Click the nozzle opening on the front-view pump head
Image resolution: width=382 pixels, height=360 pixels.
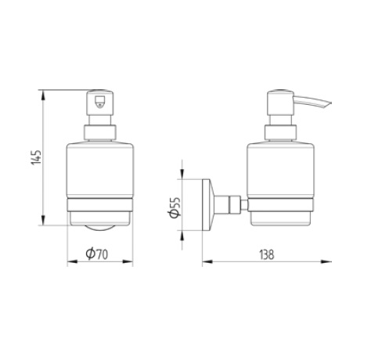99,101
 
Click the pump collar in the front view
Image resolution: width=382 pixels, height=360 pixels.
99,131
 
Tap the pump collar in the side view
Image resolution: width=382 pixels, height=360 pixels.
280,131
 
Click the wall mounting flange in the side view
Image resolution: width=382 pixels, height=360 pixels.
209,206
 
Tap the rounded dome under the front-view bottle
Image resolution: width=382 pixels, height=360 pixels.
99,228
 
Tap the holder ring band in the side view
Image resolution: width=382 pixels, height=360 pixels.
280,207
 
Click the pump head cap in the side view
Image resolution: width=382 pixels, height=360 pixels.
280,103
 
